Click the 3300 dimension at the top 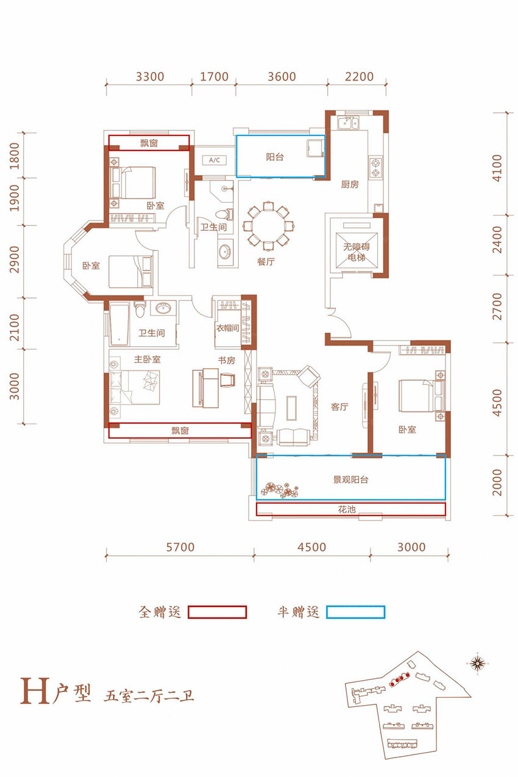coord(150,77)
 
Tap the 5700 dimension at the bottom coord(180,547)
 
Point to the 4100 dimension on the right coord(497,168)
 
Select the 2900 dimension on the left coord(15,260)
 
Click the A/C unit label coord(215,160)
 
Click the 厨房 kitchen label coord(350,184)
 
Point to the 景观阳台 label coord(351,480)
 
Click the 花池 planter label coord(347,509)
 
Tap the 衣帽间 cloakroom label coord(227,328)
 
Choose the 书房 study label coord(227,360)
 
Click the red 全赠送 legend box coord(217,612)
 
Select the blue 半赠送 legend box coord(356,612)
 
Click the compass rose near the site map coord(478,664)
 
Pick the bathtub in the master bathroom coord(119,324)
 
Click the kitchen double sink coord(349,122)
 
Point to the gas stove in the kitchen coord(375,168)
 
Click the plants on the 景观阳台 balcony coord(280,490)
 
